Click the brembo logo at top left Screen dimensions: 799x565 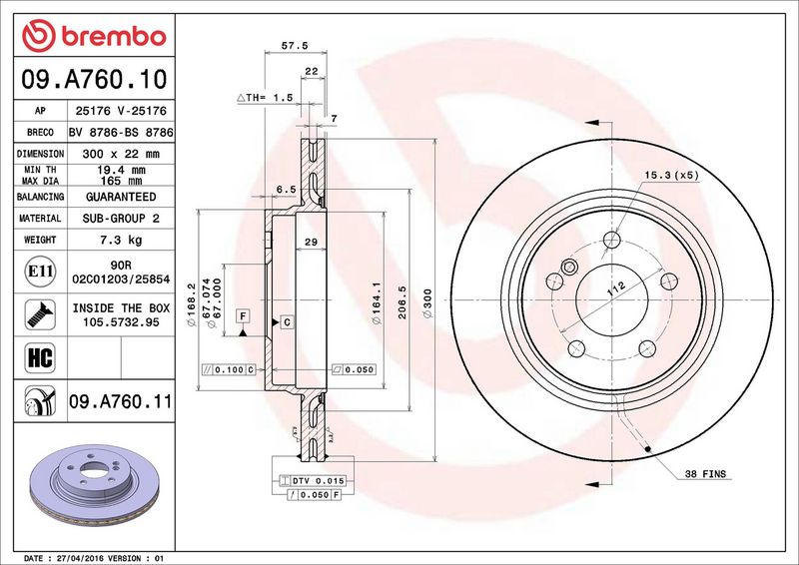pyautogui.click(x=94, y=36)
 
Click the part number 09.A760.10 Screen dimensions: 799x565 pyautogui.click(x=94, y=80)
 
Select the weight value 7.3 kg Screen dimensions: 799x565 pyautogui.click(x=121, y=240)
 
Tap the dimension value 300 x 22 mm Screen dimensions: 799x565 pyautogui.click(x=121, y=154)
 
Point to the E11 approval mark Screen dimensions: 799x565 pyautogui.click(x=40, y=272)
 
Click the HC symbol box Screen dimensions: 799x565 pyautogui.click(x=40, y=357)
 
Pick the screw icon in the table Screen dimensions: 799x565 pyautogui.click(x=40, y=314)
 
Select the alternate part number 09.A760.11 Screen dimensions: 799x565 pyautogui.click(x=121, y=401)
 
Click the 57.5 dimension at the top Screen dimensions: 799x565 pyautogui.click(x=295, y=45)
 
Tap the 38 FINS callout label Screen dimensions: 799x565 pyautogui.click(x=705, y=474)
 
